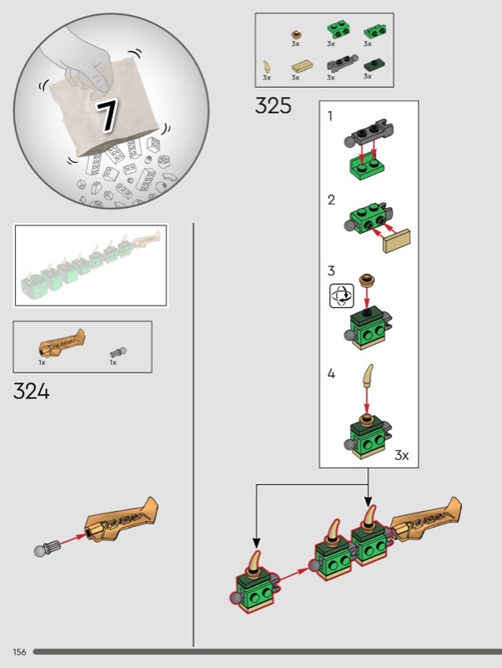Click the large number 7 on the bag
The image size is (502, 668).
click(108, 116)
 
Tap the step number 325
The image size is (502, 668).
click(274, 106)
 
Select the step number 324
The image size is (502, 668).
click(31, 390)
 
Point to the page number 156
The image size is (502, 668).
click(19, 651)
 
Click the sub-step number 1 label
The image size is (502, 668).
click(331, 117)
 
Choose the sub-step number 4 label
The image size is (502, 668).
click(331, 374)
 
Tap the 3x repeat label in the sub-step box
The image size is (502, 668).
click(401, 455)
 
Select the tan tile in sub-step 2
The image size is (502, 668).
click(397, 242)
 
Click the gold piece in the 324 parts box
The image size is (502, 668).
click(62, 345)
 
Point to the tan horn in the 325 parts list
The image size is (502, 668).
click(267, 66)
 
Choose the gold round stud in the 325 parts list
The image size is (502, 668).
click(295, 33)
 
